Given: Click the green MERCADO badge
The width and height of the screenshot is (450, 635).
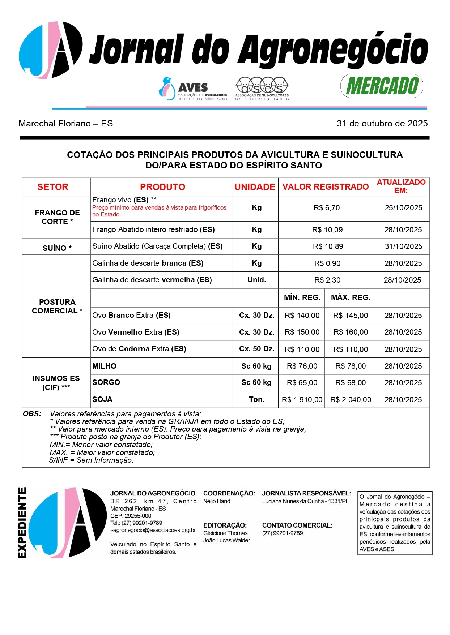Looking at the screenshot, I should pyautogui.click(x=382, y=86).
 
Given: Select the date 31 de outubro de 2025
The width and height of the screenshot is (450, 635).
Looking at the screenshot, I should pyautogui.click(x=382, y=124).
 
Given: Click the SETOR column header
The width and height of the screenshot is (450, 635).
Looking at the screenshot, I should pyautogui.click(x=53, y=187).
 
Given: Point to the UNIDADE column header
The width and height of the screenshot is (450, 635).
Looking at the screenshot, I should pyautogui.click(x=255, y=187).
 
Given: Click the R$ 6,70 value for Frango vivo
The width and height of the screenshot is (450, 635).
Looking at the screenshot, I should pyautogui.click(x=327, y=208).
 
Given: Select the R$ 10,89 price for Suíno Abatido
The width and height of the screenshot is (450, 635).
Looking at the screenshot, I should pyautogui.click(x=328, y=246).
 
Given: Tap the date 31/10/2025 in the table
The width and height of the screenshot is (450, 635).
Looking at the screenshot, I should pyautogui.click(x=403, y=246).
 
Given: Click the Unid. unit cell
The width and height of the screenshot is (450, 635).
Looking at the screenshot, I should pyautogui.click(x=256, y=280).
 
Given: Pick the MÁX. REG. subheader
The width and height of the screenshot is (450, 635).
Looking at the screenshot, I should pyautogui.click(x=350, y=298).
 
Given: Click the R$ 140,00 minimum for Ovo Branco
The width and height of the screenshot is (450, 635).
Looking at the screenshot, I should pyautogui.click(x=302, y=316).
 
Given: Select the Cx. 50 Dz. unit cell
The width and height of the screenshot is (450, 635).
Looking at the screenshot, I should pyautogui.click(x=256, y=349).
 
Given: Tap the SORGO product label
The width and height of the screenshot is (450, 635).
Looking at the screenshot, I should pyautogui.click(x=106, y=383).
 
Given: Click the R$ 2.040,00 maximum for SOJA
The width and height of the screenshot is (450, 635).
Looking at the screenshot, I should pyautogui.click(x=350, y=400).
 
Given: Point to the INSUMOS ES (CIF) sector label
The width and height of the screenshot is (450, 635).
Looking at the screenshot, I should pyautogui.click(x=56, y=383).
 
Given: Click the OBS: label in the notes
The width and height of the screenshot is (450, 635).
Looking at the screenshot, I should pyautogui.click(x=32, y=414).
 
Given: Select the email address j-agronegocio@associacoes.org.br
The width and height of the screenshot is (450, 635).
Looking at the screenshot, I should pyautogui.click(x=153, y=531).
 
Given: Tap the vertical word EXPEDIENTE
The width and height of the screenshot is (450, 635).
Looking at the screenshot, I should pyautogui.click(x=22, y=523).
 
